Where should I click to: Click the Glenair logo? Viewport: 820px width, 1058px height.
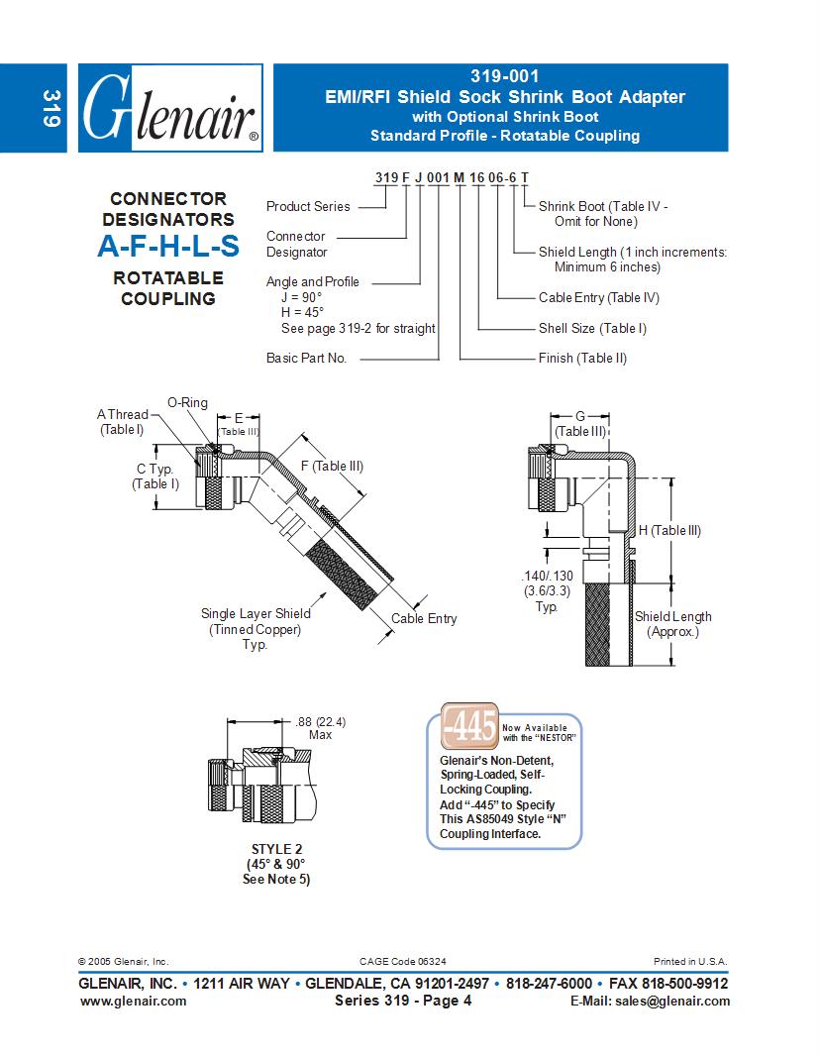click(169, 109)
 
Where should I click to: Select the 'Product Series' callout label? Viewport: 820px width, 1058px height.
click(308, 206)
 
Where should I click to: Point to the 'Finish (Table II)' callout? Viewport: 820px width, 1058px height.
click(582, 358)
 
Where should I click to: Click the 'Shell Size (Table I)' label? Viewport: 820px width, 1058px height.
click(592, 328)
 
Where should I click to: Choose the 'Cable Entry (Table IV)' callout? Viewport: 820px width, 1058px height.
click(598, 297)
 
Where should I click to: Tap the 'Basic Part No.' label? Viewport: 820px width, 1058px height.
click(306, 358)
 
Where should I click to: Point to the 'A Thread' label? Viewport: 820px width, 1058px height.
click(122, 415)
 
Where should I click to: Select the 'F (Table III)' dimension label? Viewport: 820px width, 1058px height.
click(332, 466)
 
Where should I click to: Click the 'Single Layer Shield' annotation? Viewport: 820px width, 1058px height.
click(256, 613)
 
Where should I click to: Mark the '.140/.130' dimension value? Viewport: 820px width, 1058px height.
click(547, 576)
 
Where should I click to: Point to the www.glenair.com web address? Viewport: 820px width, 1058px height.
click(133, 1001)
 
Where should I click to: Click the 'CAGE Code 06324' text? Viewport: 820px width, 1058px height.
click(409, 961)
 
